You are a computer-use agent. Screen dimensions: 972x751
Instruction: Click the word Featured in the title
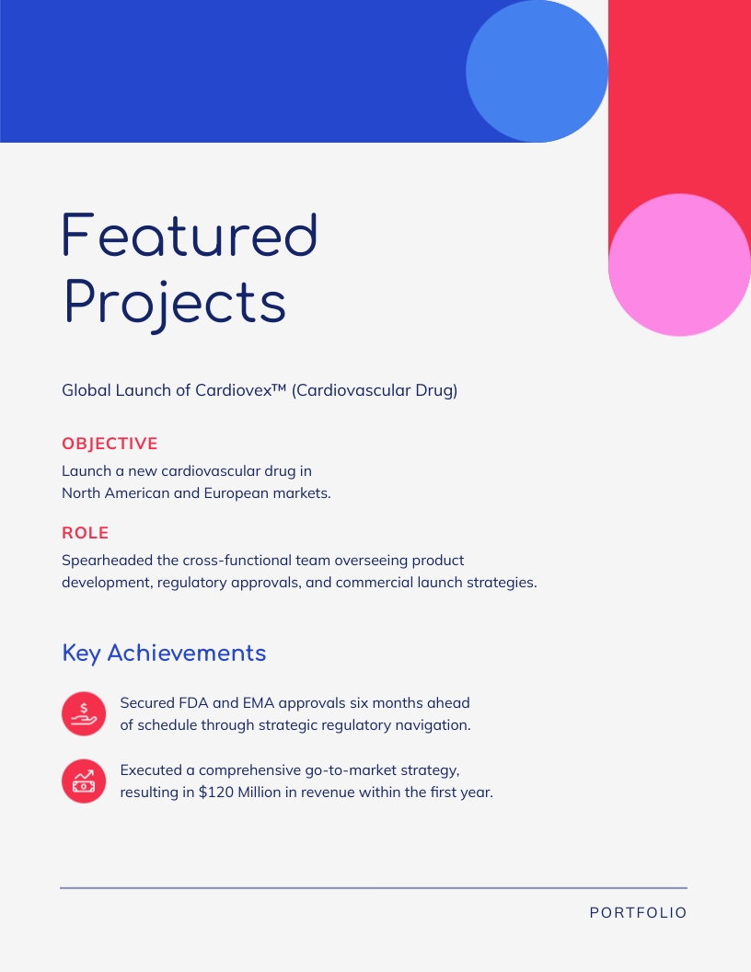[190, 235]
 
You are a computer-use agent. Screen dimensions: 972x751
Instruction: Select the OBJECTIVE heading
[110, 444]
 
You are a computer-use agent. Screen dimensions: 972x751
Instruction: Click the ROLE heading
[85, 533]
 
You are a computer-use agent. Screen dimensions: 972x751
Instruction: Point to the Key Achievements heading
[164, 653]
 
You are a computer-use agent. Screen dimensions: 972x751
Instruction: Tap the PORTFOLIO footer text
[638, 913]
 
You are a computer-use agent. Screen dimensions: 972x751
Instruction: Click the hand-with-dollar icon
[84, 713]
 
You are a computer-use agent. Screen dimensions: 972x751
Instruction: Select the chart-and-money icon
[84, 781]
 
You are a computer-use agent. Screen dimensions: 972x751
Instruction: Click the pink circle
[679, 264]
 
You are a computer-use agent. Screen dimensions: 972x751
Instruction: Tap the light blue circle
[537, 71]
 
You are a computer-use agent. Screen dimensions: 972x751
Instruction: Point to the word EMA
[259, 703]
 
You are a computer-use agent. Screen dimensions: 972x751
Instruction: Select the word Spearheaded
[106, 560]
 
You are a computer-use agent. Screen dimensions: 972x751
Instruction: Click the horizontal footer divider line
[374, 888]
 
